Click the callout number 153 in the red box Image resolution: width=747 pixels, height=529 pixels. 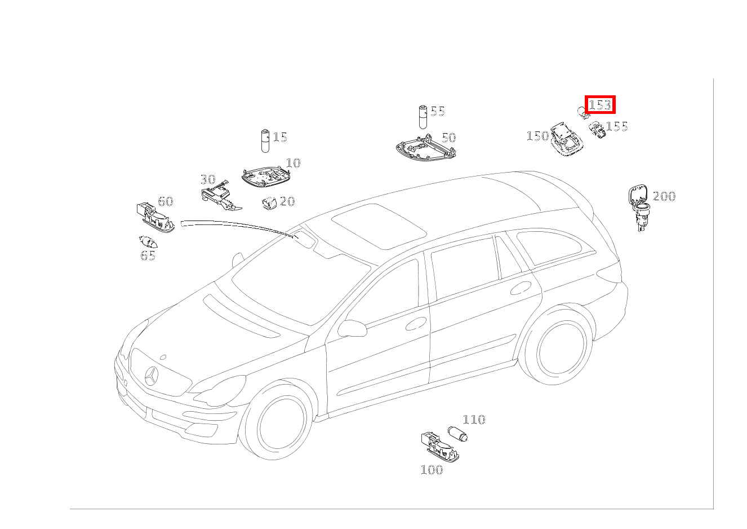(600, 105)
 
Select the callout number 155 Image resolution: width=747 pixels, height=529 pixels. (617, 126)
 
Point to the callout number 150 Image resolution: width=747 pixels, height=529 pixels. (537, 136)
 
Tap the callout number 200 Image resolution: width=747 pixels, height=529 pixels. (664, 196)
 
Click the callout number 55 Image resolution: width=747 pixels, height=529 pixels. (438, 111)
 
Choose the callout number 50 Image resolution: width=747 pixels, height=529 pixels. (449, 138)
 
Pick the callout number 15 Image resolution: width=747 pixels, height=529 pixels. (280, 137)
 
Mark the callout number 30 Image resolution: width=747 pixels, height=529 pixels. (208, 179)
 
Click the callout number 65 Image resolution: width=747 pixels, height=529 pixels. (148, 255)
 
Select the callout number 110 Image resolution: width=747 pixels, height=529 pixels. (474, 420)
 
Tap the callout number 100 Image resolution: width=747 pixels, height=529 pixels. (432, 470)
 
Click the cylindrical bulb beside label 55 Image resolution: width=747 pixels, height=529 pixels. (423, 117)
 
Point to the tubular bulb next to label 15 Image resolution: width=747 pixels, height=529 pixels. (265, 141)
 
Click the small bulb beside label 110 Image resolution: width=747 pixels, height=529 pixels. (457, 434)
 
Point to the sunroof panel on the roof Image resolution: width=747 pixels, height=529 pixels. (379, 226)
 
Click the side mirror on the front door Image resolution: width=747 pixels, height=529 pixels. (352, 328)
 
